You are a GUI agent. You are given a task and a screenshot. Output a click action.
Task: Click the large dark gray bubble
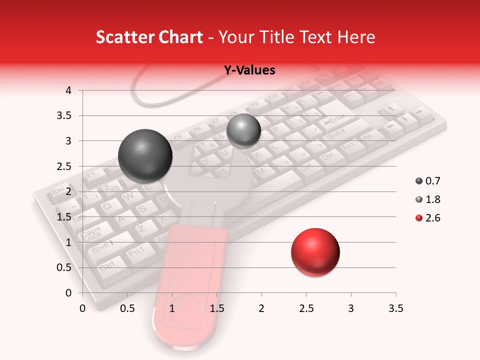(x=145, y=156)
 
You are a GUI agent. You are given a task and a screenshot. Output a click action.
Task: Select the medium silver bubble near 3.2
(x=243, y=131)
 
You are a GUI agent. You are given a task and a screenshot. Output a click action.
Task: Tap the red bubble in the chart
(x=315, y=252)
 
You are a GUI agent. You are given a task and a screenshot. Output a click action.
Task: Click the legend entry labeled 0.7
(x=428, y=181)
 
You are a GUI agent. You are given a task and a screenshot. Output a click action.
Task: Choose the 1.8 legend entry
(x=428, y=199)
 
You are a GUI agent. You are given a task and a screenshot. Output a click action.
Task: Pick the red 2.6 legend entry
(x=428, y=218)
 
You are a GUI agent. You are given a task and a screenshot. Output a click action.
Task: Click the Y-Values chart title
(x=249, y=70)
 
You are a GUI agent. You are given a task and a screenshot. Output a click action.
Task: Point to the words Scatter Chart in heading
(x=149, y=37)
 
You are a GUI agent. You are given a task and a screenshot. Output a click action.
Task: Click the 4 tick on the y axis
(x=68, y=90)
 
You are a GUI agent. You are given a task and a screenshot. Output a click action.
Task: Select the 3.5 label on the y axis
(x=64, y=116)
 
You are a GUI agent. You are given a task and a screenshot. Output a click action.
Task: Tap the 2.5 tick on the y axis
(x=64, y=166)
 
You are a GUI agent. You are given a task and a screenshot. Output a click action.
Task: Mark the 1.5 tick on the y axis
(x=64, y=217)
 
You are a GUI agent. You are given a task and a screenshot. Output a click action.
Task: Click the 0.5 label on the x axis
(x=127, y=308)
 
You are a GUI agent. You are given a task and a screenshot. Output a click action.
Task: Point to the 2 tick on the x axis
(x=261, y=308)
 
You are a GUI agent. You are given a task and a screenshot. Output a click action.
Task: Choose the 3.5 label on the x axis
(x=395, y=308)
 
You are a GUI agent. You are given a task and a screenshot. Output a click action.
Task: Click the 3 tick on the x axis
(x=351, y=308)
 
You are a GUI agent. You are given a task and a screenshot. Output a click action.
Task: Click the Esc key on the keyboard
(x=58, y=191)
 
